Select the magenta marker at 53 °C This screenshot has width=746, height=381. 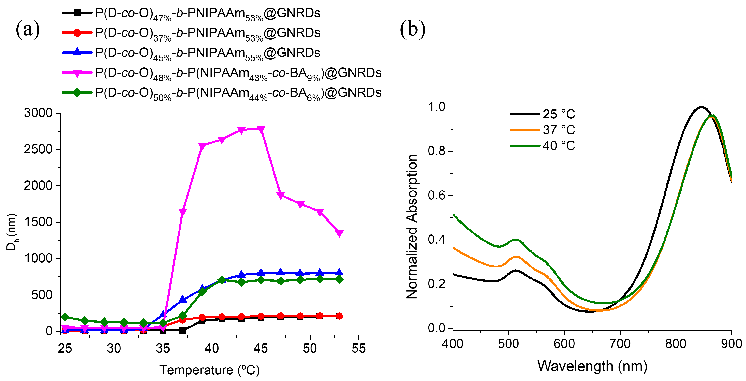click(x=339, y=233)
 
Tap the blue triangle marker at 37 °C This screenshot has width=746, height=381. click(x=183, y=299)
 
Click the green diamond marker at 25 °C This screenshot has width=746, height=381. click(x=65, y=317)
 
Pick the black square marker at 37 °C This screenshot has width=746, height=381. click(x=182, y=330)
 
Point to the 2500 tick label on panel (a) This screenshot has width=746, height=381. click(x=38, y=149)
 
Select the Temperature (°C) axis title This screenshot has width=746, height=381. click(x=209, y=370)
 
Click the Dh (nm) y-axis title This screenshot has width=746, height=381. click(x=12, y=232)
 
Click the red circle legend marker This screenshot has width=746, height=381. click(x=77, y=33)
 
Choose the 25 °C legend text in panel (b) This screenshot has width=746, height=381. click(x=559, y=114)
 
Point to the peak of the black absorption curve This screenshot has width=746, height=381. click(x=701, y=107)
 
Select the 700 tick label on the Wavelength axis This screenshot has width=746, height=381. click(x=620, y=344)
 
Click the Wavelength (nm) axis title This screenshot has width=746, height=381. click(x=592, y=366)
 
